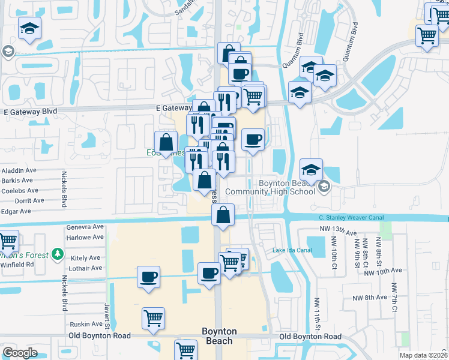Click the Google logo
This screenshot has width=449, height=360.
[20, 353]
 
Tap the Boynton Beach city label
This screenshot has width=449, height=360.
[219, 336]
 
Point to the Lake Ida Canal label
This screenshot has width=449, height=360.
[292, 250]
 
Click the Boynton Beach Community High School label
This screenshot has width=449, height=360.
[287, 187]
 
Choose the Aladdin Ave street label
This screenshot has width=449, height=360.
[19, 170]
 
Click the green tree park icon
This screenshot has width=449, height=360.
[58, 254]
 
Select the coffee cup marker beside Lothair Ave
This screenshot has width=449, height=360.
[148, 277]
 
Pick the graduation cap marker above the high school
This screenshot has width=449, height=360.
[311, 169]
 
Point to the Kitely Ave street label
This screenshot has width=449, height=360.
[86, 257]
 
